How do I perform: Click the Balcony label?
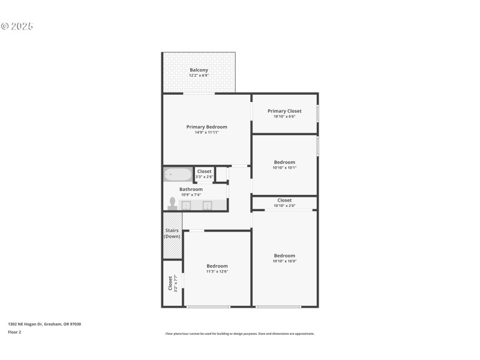point(199,70)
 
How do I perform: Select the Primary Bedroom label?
point(206,127)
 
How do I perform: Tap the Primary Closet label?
point(284,111)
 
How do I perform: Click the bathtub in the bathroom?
point(178,175)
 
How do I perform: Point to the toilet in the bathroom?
point(172,204)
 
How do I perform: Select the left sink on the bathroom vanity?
point(186,205)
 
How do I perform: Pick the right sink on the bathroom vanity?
point(207,205)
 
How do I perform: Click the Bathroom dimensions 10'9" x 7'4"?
point(191,194)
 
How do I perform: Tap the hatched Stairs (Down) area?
point(172,234)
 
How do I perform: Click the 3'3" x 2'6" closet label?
point(204,176)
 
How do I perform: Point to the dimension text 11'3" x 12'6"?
point(217,271)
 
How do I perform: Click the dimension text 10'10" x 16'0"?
point(284,261)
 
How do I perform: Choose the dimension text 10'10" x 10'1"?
point(284,167)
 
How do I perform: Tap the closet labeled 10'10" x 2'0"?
point(284,203)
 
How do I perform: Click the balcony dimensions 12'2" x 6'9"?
point(199,76)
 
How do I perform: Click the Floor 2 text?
point(14,332)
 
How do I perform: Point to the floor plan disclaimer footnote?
point(239,334)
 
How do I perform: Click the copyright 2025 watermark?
point(17,26)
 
